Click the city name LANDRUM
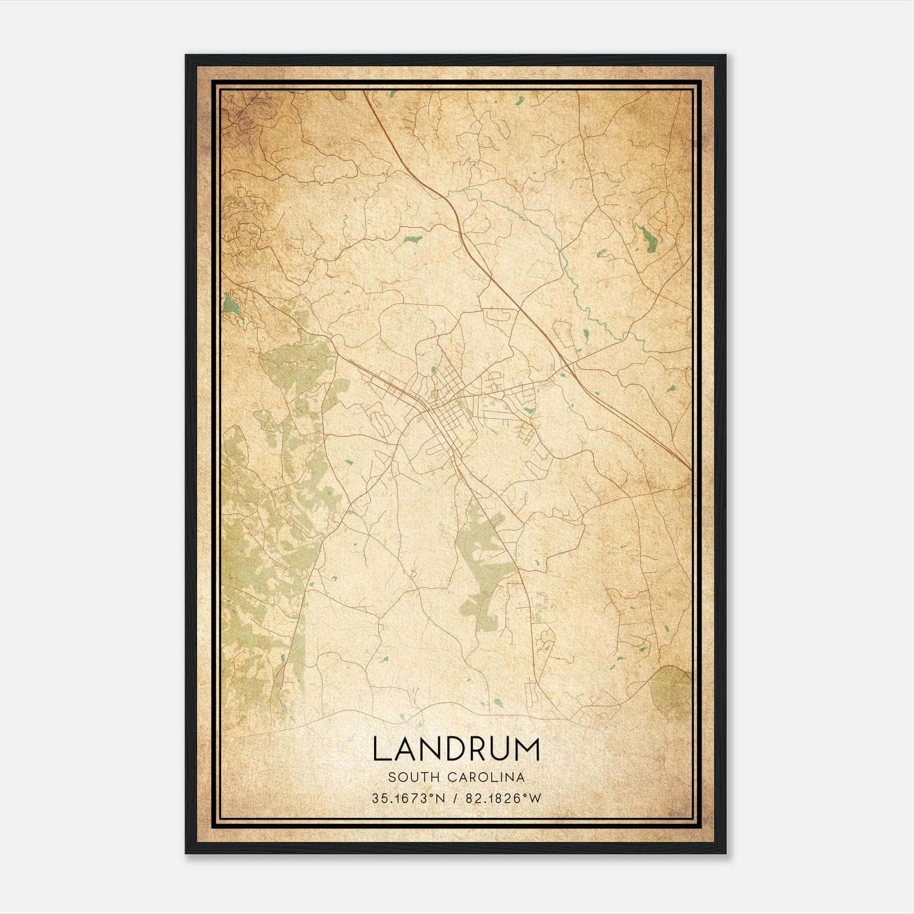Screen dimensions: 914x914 coord(456,749)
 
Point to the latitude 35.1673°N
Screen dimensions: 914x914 coord(407,799)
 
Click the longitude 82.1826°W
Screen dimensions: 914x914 coord(503,799)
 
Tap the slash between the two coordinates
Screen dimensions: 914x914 coord(455,799)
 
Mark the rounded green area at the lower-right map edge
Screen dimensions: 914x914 coord(674,691)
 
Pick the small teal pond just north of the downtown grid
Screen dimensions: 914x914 coord(434,370)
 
